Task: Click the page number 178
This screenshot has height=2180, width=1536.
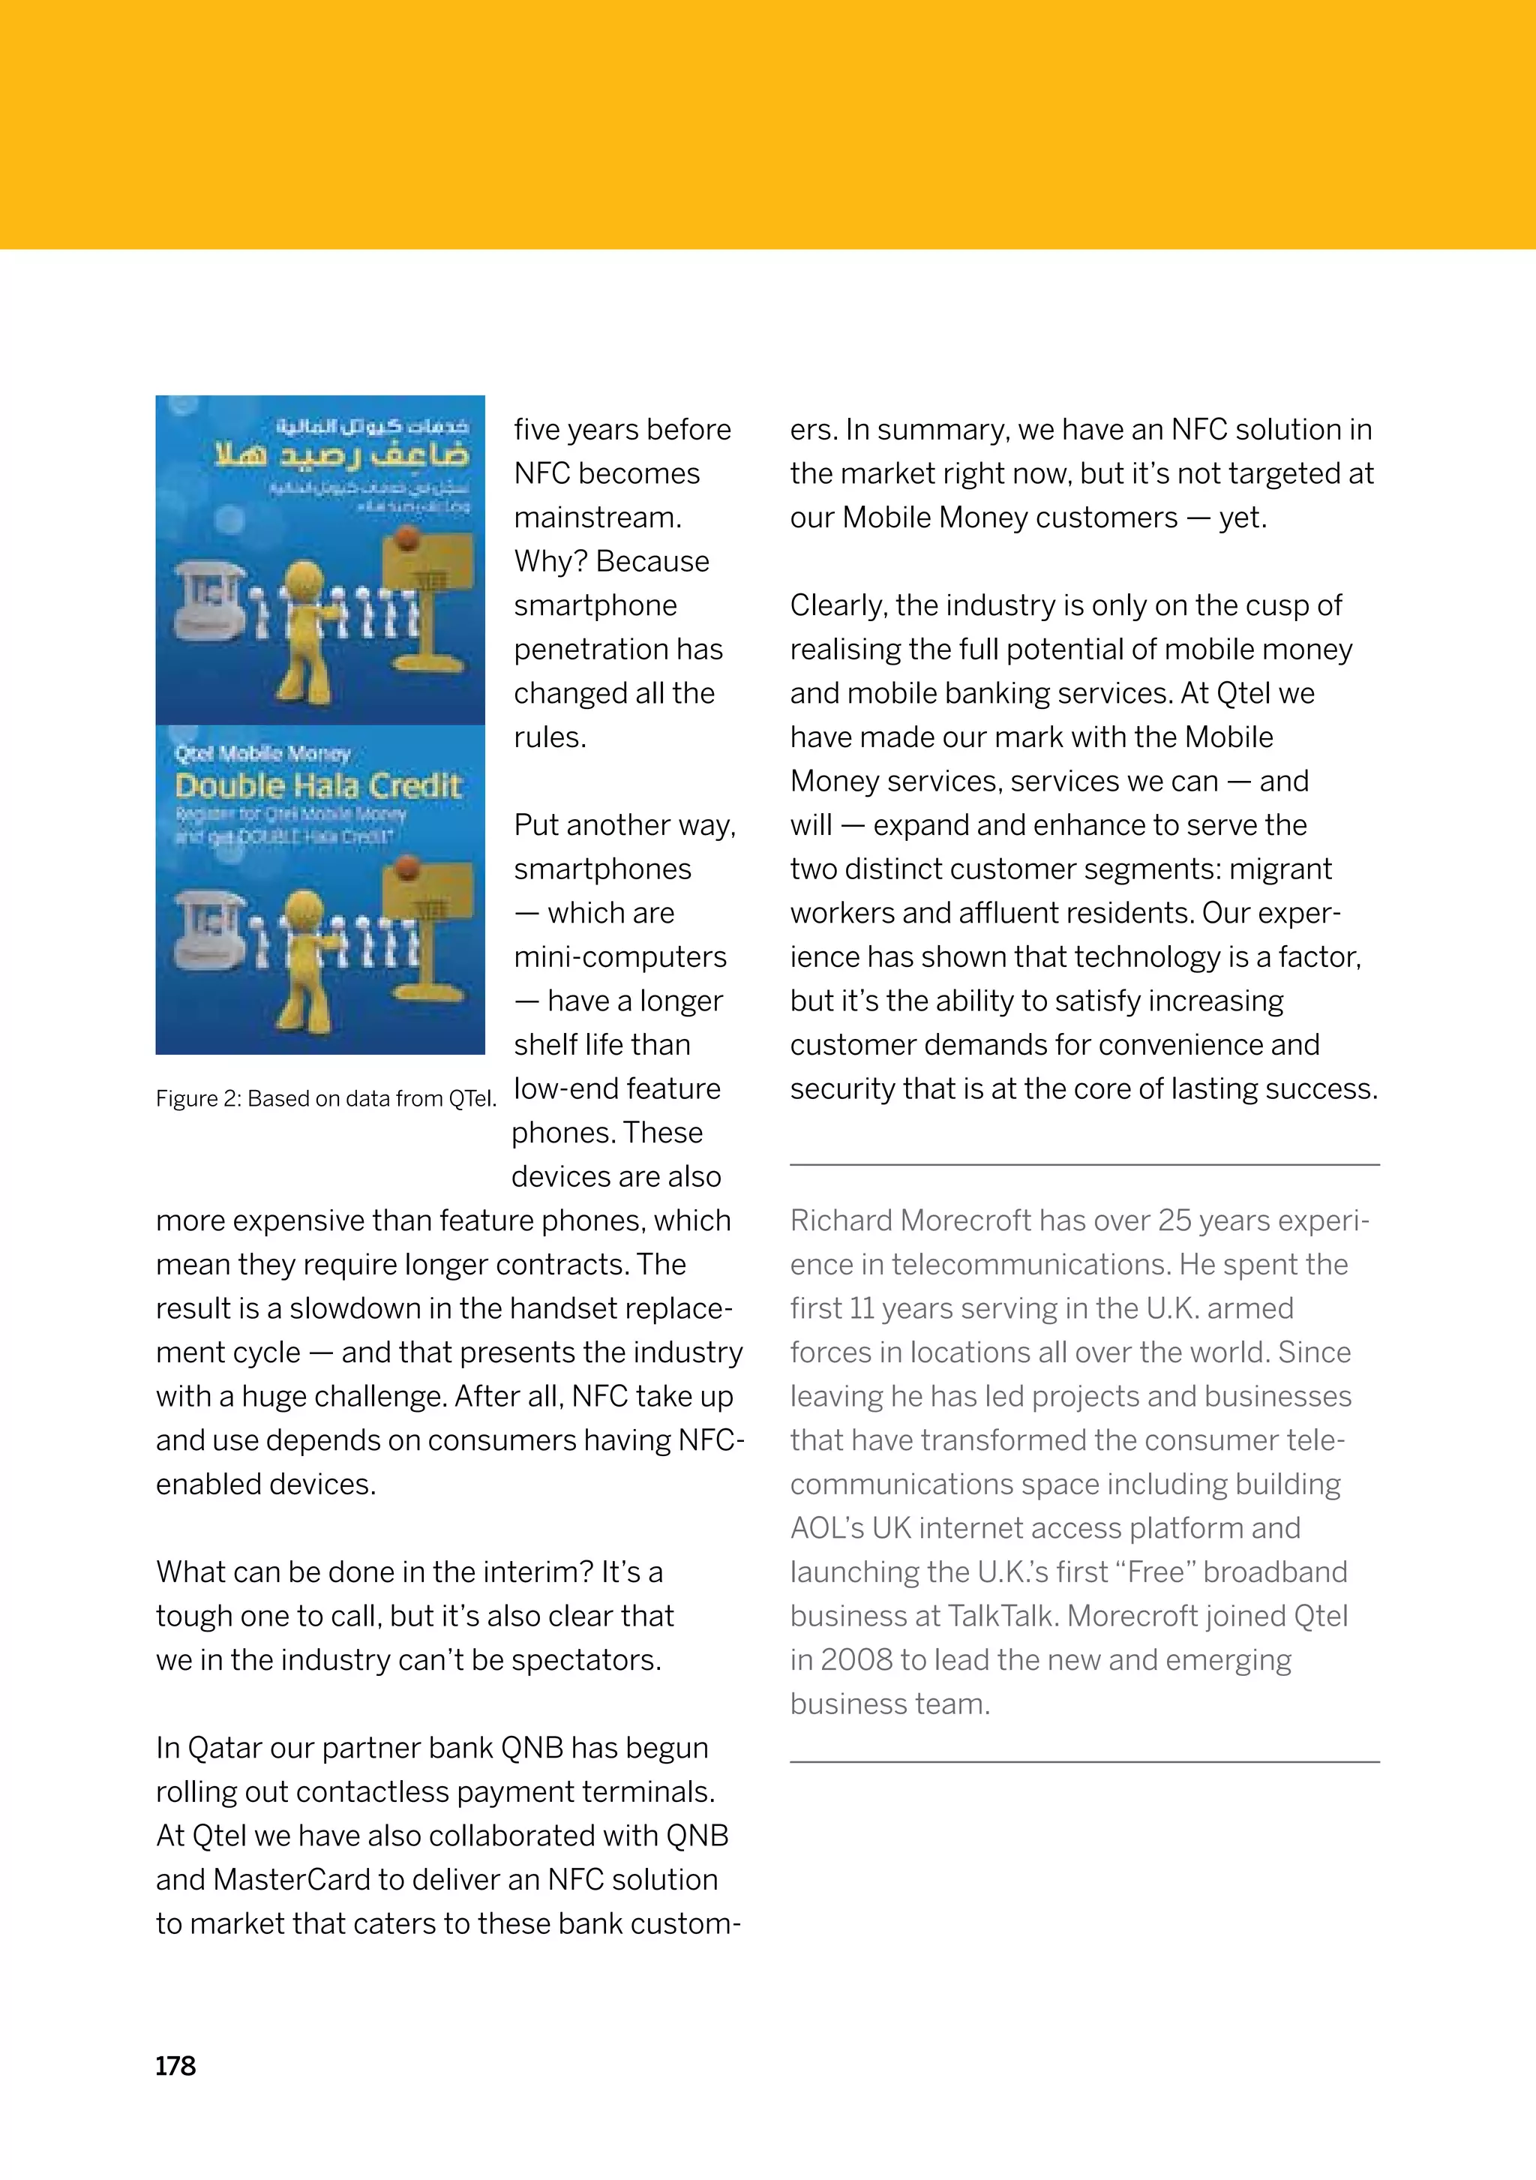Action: coord(175,2066)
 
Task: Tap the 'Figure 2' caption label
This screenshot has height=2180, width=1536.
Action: coord(196,1098)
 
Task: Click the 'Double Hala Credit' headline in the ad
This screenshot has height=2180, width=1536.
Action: coord(318,786)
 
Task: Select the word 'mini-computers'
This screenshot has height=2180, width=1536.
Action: coord(620,957)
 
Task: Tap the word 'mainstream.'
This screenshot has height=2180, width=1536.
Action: coord(598,518)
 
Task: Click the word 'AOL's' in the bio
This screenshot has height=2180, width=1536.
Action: coord(826,1527)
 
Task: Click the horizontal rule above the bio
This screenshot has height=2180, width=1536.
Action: coord(1084,1164)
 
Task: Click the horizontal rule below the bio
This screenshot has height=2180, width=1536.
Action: coord(1084,1762)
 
